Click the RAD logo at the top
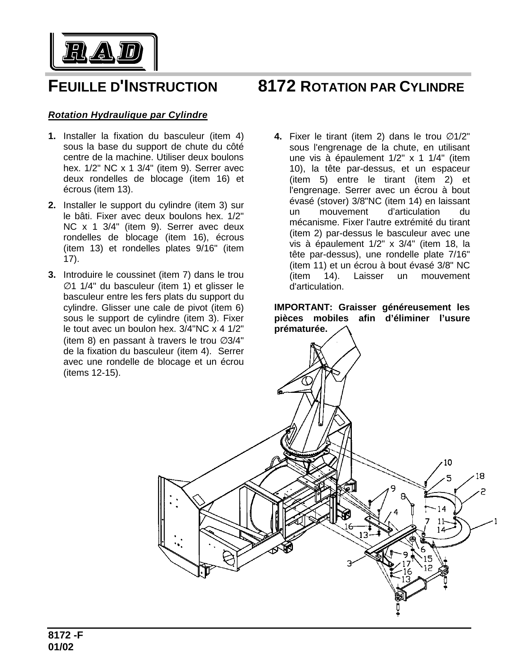pyautogui.click(x=103, y=52)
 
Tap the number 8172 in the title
pyautogui.click(x=276, y=87)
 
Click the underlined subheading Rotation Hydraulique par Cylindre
pyautogui.click(x=128, y=115)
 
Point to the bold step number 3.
pyautogui.click(x=52, y=275)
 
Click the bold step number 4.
pyautogui.click(x=278, y=136)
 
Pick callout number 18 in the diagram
pyautogui.click(x=479, y=476)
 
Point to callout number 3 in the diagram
pyautogui.click(x=349, y=564)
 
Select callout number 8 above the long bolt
pyautogui.click(x=403, y=497)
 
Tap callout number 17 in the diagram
pyautogui.click(x=406, y=564)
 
